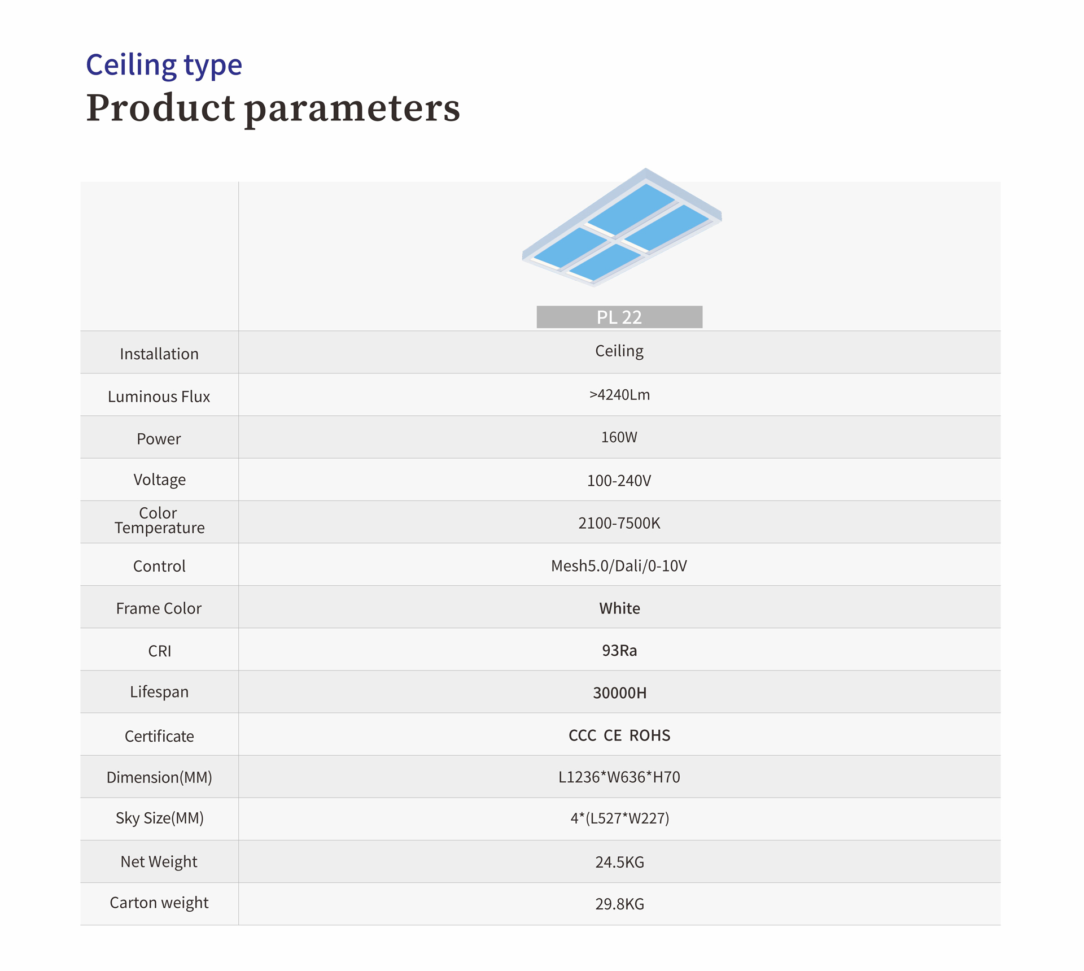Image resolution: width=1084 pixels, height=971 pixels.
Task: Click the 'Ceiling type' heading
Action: (x=164, y=66)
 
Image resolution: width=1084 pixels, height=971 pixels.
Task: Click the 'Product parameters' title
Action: (x=273, y=108)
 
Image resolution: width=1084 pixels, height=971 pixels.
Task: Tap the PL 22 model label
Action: (x=619, y=317)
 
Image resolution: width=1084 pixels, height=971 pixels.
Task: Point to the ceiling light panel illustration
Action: (x=622, y=227)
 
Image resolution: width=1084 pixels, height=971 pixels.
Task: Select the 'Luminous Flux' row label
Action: (x=159, y=397)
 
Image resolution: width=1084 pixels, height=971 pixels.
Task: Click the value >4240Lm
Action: (x=619, y=395)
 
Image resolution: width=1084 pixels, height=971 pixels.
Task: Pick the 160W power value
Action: (x=619, y=437)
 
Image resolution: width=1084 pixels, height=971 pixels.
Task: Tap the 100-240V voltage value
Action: (x=619, y=481)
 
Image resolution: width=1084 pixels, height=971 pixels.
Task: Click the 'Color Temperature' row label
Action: (x=159, y=520)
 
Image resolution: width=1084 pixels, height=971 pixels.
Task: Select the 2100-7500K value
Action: (x=619, y=523)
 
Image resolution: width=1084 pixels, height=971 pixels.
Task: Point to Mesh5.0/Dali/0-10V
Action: (x=619, y=566)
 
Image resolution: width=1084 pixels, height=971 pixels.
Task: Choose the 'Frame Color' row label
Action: (x=159, y=608)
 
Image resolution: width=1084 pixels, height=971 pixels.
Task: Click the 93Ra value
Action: (x=619, y=651)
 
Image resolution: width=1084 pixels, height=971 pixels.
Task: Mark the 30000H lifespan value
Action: (x=619, y=693)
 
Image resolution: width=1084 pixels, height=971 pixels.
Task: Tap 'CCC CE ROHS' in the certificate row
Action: (x=619, y=735)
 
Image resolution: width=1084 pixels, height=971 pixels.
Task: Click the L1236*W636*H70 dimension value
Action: (x=619, y=777)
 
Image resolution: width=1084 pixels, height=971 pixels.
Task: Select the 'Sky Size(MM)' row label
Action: (x=159, y=818)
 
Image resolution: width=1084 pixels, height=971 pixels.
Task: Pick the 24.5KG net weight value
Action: (x=619, y=862)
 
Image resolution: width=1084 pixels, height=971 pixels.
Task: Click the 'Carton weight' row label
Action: (x=159, y=903)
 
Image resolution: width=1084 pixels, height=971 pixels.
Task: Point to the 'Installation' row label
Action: (x=159, y=354)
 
